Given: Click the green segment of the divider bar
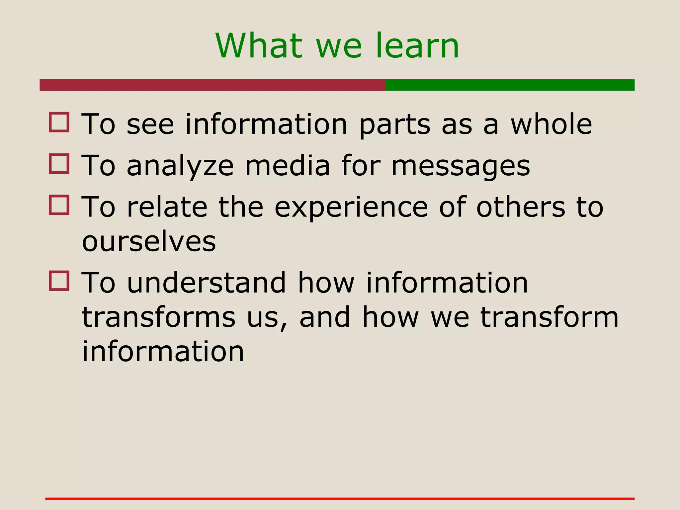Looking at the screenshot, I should pyautogui.click(x=509, y=85).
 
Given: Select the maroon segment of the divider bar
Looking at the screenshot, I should pyautogui.click(x=212, y=85).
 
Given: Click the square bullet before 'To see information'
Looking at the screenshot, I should pyautogui.click(x=59, y=122).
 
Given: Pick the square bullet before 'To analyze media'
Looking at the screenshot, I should pyautogui.click(x=59, y=163).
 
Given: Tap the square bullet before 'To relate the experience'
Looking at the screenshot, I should pyautogui.click(x=59, y=205).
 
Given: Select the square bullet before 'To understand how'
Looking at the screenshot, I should pyautogui.click(x=59, y=281).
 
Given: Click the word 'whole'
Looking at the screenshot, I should pyautogui.click(x=551, y=124).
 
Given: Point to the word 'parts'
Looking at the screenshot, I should pyautogui.click(x=395, y=125).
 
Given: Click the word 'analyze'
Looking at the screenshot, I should pyautogui.click(x=180, y=166).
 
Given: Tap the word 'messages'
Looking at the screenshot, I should pyautogui.click(x=461, y=166).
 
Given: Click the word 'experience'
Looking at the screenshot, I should pyautogui.click(x=351, y=208).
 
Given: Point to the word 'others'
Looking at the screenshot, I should pyautogui.click(x=521, y=207).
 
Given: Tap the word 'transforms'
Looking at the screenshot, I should pyautogui.click(x=159, y=317).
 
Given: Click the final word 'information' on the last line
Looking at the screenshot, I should pyautogui.click(x=163, y=351).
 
